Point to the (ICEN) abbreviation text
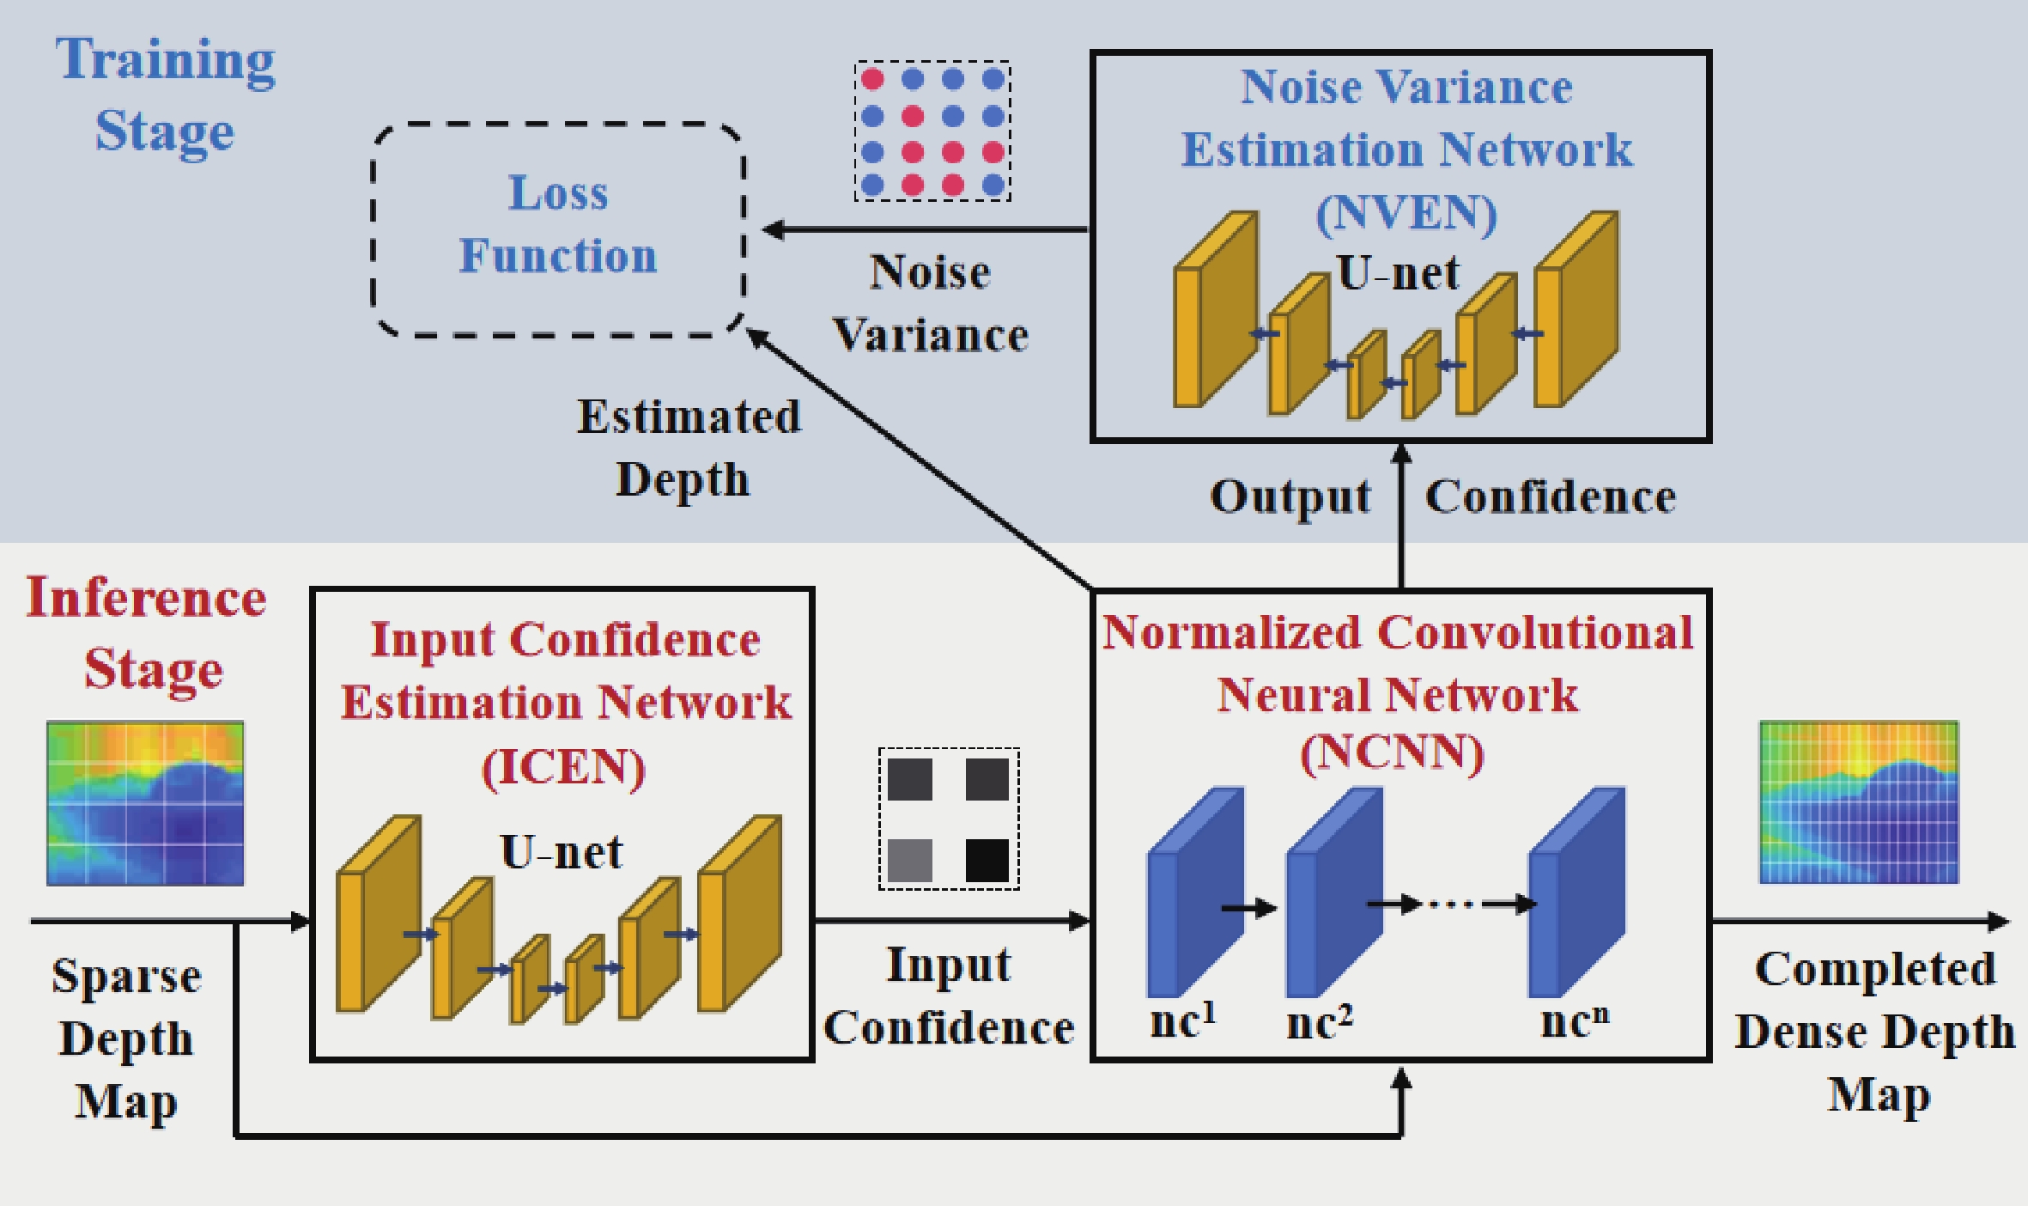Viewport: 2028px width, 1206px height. point(563,766)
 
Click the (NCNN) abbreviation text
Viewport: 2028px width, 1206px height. point(1392,753)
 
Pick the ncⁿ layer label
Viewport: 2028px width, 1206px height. point(1575,1020)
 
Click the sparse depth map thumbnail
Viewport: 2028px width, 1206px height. point(145,803)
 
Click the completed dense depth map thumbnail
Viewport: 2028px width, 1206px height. point(1859,802)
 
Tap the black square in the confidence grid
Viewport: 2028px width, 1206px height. point(987,861)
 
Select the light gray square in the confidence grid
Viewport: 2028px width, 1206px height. point(910,861)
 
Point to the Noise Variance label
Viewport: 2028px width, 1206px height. point(931,303)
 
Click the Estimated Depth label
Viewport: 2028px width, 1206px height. point(689,448)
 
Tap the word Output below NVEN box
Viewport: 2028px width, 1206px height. point(1290,497)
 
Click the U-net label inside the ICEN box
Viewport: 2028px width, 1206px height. point(562,852)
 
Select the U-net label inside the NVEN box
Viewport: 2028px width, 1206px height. point(1399,273)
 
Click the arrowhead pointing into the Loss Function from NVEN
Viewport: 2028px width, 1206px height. point(773,229)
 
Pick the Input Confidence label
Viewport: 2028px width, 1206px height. point(949,996)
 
